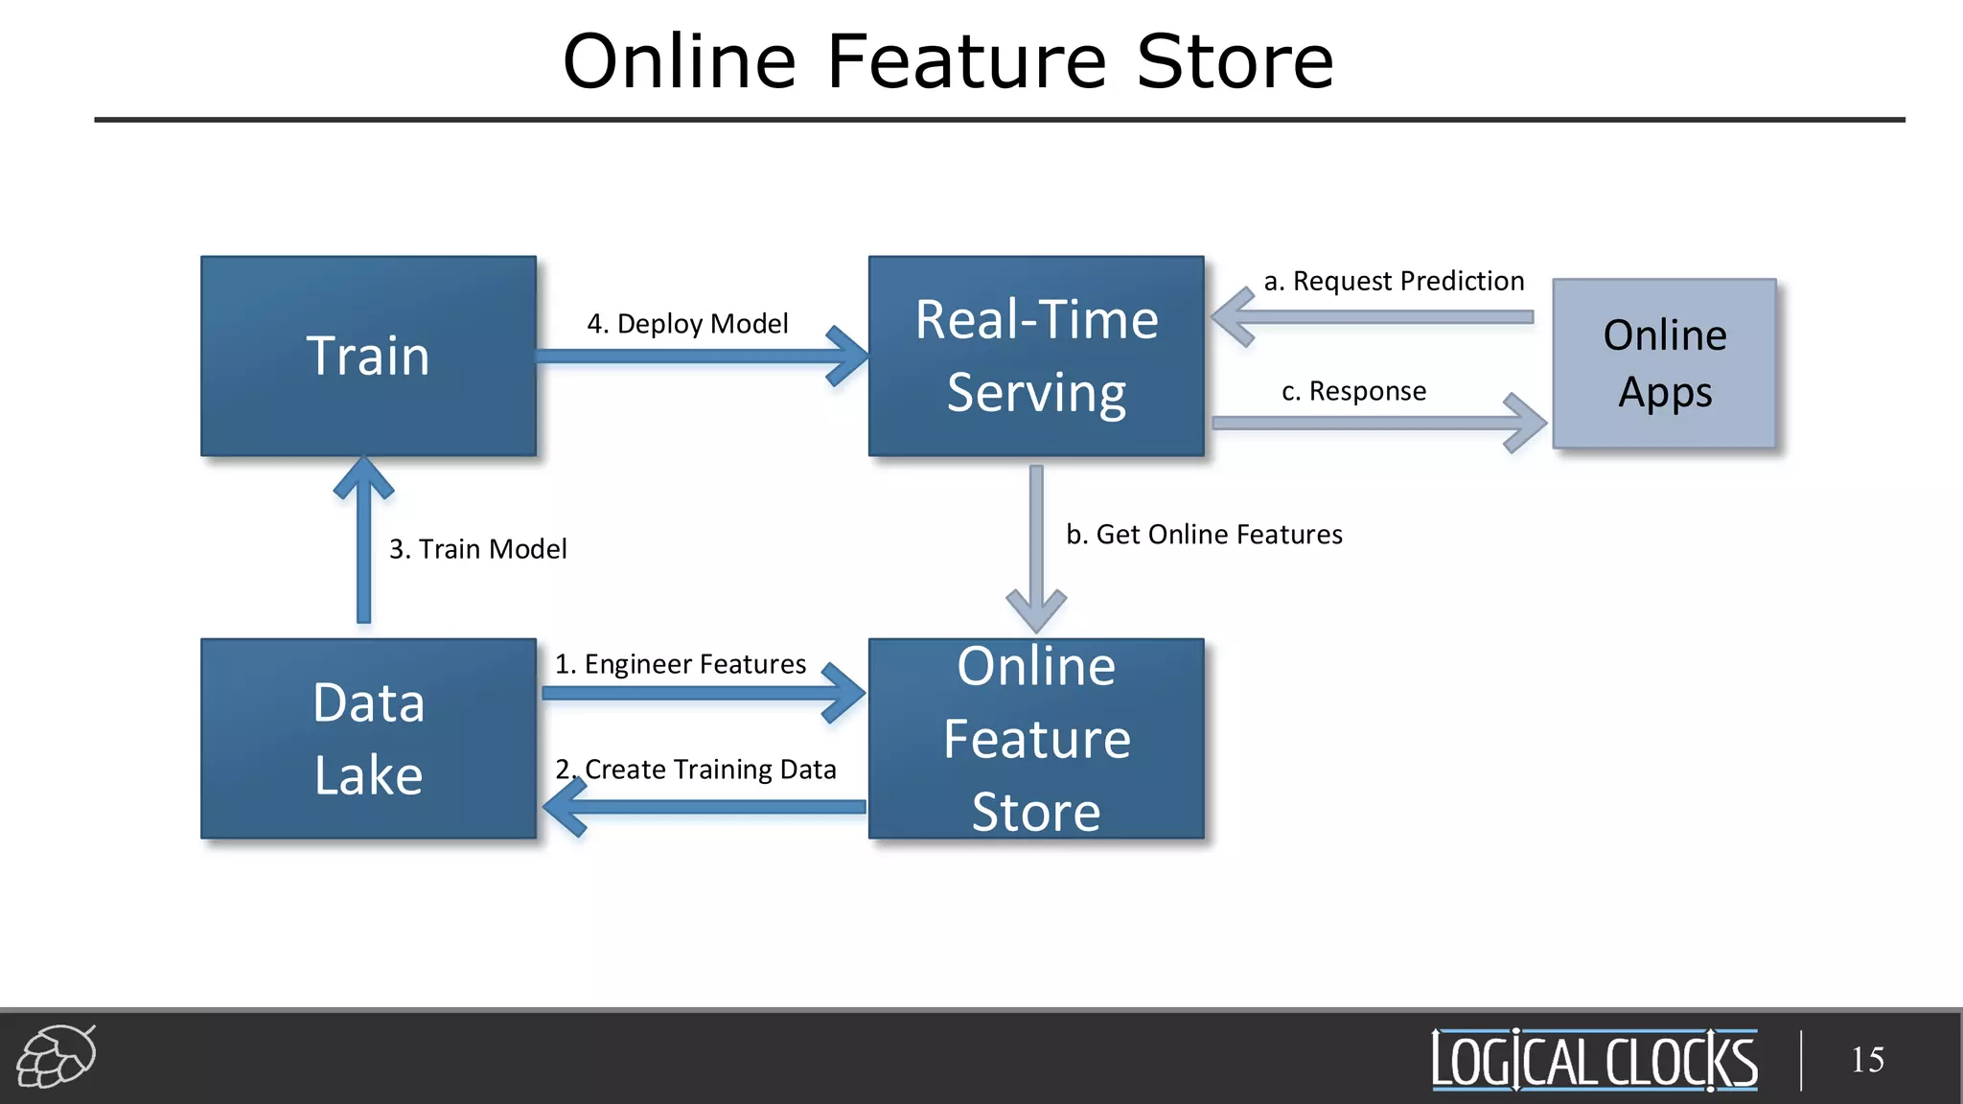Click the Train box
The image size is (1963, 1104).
point(368,356)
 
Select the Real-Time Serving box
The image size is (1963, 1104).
point(1036,356)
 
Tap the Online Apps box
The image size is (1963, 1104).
point(1664,363)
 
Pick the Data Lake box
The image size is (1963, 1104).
point(368,738)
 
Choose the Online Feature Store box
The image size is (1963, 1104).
point(1036,738)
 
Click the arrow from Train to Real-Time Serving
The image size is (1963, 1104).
point(700,356)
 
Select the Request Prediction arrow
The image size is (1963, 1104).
point(1371,317)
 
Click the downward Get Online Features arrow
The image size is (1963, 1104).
point(1036,546)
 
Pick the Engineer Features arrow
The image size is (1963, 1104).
point(700,693)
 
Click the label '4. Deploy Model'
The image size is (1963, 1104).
point(687,324)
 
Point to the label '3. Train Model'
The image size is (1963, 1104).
point(477,549)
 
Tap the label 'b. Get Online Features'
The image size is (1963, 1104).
point(1204,535)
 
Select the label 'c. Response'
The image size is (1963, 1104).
point(1353,391)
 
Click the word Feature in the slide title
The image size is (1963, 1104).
point(966,61)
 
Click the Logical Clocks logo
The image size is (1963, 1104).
point(1594,1060)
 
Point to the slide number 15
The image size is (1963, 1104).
point(1867,1060)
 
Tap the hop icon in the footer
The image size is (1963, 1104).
point(57,1056)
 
